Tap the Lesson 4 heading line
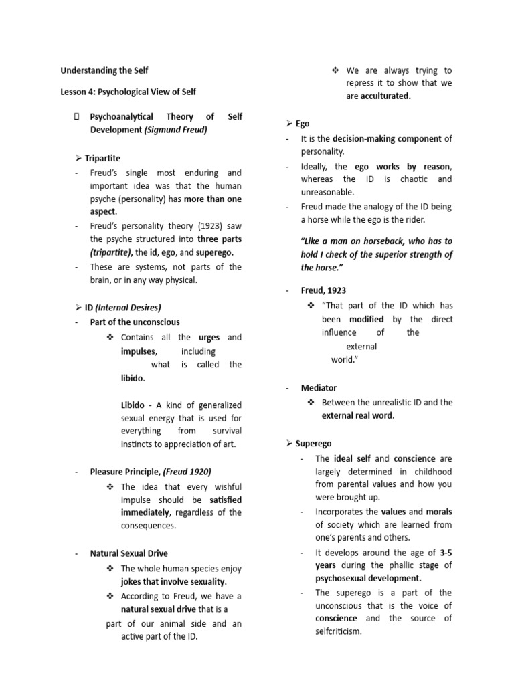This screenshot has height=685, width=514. click(128, 92)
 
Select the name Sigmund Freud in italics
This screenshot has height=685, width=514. click(175, 130)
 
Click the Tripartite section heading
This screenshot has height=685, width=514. click(102, 158)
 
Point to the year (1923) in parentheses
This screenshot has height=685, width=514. click(190, 226)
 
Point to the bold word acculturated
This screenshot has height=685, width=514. click(386, 96)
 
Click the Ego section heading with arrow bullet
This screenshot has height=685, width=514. click(298, 124)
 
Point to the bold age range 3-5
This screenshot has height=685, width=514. click(446, 552)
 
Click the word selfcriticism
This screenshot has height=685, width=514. click(338, 631)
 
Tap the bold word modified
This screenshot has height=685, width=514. click(366, 320)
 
